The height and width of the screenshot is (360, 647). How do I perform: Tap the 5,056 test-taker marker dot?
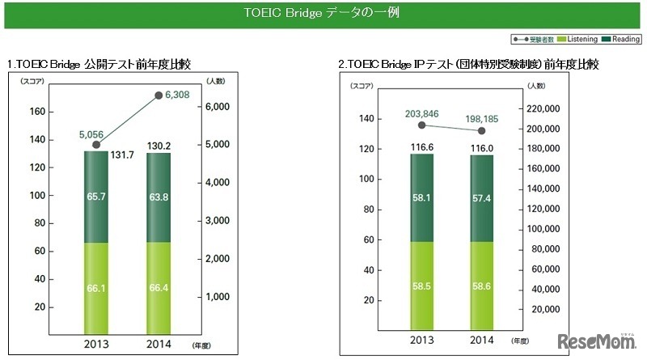click(97, 145)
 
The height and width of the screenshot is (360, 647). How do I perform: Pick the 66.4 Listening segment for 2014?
click(159, 288)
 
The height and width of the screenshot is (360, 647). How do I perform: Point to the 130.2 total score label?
click(159, 145)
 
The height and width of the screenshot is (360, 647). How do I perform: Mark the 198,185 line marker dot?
click(482, 131)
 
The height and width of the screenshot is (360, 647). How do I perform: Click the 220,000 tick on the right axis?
click(543, 108)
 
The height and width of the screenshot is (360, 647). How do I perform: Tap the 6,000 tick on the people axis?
click(218, 107)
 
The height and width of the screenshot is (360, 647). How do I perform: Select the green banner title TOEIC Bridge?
click(323, 14)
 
